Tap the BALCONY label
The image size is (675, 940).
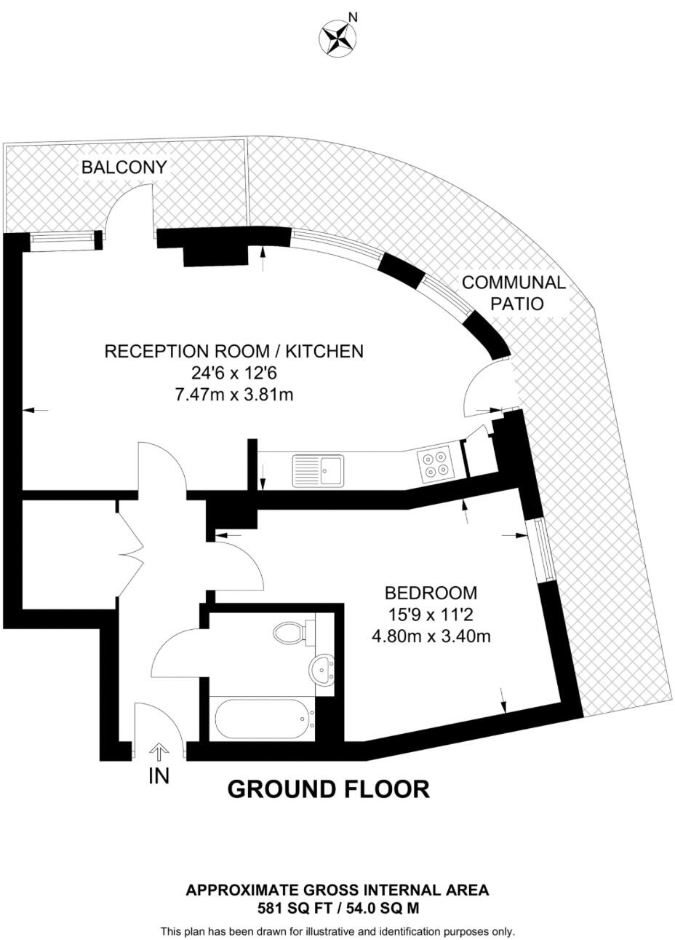124,167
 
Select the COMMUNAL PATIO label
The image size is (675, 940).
514,293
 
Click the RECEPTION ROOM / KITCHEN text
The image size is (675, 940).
233,351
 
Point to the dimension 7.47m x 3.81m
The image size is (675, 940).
233,395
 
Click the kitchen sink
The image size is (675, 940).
318,470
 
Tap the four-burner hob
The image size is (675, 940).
435,465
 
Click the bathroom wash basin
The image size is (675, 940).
321,668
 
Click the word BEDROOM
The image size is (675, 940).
431,593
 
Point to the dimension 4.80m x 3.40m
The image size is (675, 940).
431,636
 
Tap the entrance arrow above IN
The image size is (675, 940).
159,751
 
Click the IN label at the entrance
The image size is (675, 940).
159,777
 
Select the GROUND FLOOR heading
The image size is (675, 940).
329,789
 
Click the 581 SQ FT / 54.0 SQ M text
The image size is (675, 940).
337,908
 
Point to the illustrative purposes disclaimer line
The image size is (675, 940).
337,931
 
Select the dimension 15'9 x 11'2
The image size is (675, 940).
431,615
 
